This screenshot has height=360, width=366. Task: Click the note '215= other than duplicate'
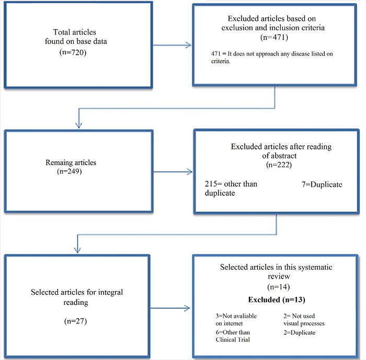[231, 189]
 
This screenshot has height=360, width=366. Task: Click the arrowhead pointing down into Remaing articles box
[78, 125]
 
